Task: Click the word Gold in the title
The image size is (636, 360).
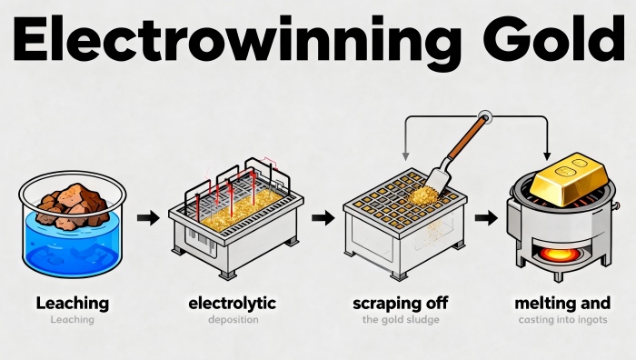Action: (553, 38)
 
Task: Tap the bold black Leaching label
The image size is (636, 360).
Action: (73, 304)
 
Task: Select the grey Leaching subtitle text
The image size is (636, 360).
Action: (72, 320)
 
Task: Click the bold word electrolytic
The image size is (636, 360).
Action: (233, 304)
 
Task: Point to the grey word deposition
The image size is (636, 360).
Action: (234, 320)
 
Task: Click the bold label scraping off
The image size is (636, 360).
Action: (401, 304)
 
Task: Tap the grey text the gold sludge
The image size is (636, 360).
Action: (401, 320)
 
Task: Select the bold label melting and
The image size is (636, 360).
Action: (562, 304)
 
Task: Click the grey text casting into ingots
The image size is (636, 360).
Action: (563, 320)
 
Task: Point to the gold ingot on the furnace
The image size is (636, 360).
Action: (570, 178)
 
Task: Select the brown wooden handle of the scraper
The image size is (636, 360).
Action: (467, 137)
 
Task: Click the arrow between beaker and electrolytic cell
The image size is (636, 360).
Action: (148, 218)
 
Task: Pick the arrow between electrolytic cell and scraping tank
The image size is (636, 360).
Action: (323, 218)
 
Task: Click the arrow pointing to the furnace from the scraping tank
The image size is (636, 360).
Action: (486, 218)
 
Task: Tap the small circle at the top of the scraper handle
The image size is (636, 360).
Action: (484, 117)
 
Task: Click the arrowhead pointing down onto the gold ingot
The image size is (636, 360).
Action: (547, 155)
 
